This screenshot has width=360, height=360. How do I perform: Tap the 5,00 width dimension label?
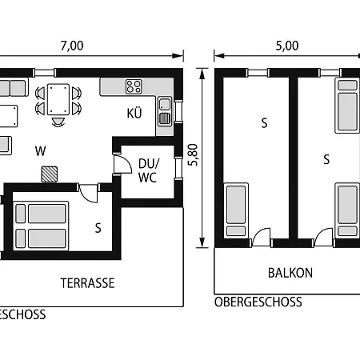tap(286, 46)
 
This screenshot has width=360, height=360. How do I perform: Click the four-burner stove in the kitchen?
tap(134, 86)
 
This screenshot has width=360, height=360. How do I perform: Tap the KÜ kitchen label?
tap(134, 114)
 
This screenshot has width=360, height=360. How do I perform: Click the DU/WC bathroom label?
tap(149, 170)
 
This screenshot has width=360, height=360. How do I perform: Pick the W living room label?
tap(40, 150)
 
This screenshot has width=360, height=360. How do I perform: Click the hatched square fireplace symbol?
tap(50, 173)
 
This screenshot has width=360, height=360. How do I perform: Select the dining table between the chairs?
tap(58, 99)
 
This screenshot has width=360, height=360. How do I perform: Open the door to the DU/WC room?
tap(121, 166)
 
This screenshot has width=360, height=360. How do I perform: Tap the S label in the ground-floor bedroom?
tap(98, 227)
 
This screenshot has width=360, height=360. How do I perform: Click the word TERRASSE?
tap(88, 282)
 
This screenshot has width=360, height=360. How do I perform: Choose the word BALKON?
tap(290, 273)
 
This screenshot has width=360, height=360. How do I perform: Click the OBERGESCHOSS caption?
tap(258, 302)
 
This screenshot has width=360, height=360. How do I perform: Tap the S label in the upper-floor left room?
tap(264, 122)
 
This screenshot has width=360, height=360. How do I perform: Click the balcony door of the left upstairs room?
tap(261, 238)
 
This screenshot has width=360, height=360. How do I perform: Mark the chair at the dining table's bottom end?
tap(58, 122)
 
